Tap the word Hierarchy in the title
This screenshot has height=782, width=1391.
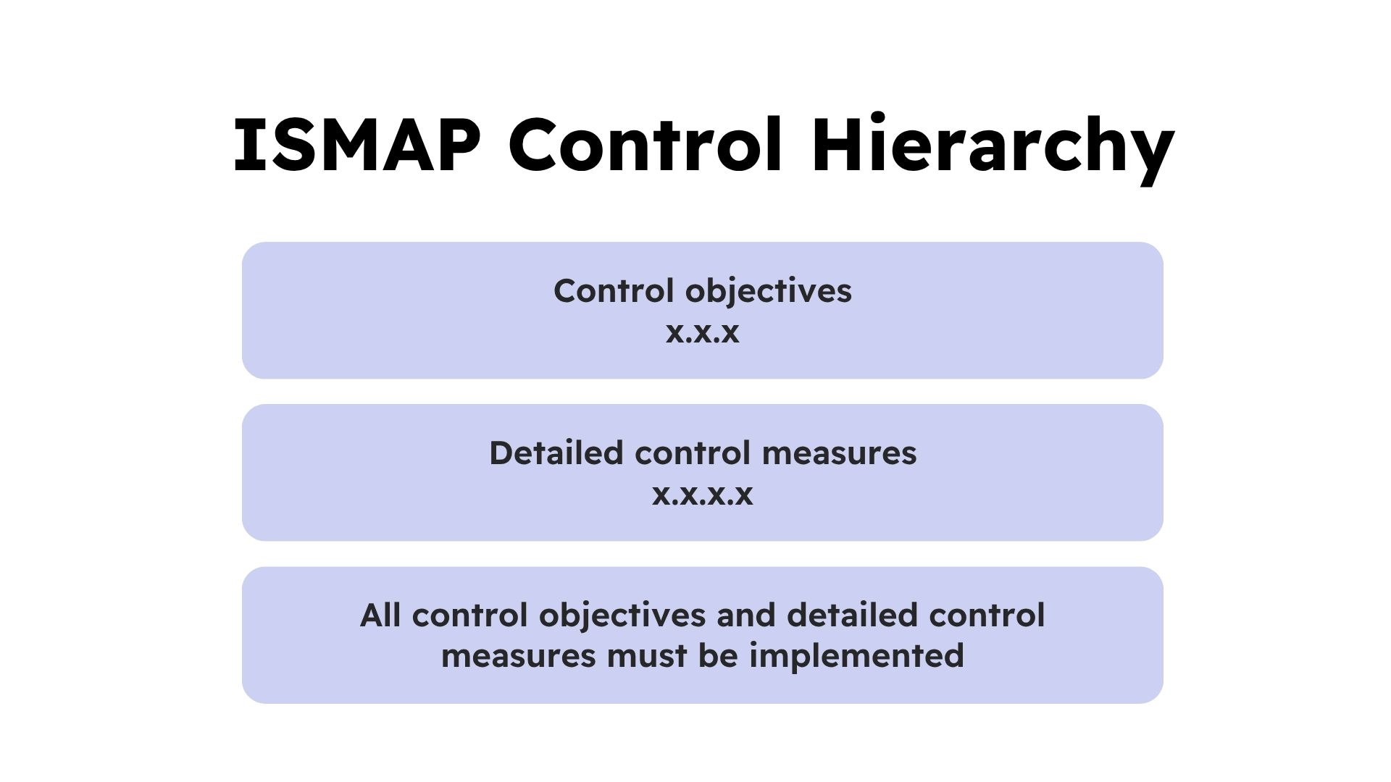(993, 148)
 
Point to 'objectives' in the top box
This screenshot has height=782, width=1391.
(769, 292)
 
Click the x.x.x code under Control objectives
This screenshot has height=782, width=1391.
(703, 332)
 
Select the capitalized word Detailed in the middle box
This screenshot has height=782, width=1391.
(556, 453)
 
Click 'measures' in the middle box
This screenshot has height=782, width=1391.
(840, 455)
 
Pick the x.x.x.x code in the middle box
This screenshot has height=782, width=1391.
(703, 495)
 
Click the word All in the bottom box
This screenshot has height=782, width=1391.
(380, 615)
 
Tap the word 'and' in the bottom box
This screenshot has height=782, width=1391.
(746, 615)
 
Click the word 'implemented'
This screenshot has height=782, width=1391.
(856, 657)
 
